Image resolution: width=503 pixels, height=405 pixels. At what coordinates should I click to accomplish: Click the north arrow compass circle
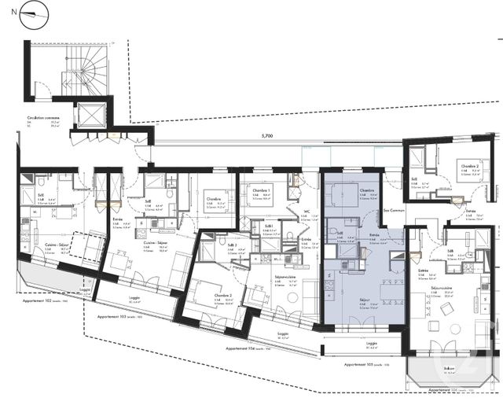pyautogui.click(x=31, y=13)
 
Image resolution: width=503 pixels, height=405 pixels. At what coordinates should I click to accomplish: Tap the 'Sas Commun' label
pyautogui.click(x=391, y=211)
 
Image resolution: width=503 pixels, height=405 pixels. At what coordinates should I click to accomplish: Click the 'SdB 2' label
pyautogui.click(x=233, y=245)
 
